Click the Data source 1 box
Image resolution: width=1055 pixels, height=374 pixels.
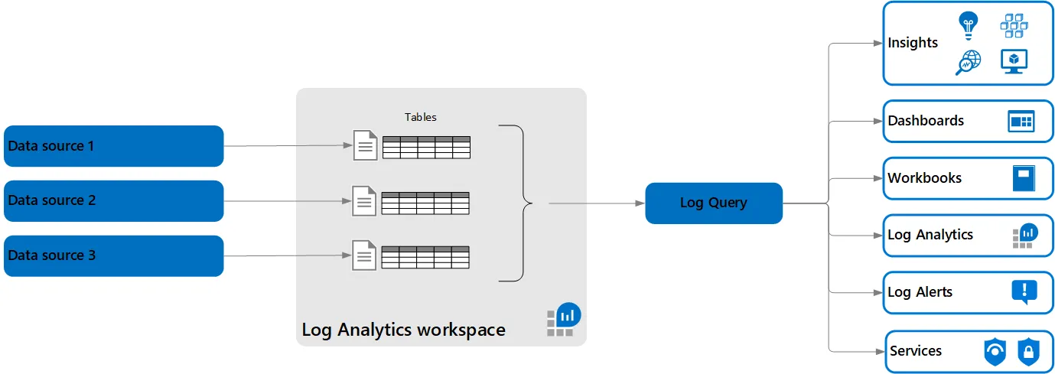(113, 146)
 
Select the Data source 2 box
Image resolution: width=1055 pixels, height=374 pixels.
(113, 200)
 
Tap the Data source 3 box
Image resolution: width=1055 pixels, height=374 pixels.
(113, 255)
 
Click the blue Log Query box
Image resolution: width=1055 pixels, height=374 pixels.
(713, 203)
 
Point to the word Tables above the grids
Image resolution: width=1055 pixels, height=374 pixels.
(420, 117)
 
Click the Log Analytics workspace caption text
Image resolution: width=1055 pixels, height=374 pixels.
(403, 330)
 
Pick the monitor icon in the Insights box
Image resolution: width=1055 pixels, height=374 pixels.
(1014, 61)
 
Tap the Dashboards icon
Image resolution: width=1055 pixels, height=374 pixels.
(1021, 121)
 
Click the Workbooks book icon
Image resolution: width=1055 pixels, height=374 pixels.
(1023, 178)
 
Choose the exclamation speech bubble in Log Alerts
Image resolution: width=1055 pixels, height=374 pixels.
(1024, 291)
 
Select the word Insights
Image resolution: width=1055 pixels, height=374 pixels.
(913, 43)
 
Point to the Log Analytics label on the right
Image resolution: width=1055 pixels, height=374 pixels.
(930, 235)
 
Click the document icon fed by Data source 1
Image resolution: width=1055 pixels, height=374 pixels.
(366, 145)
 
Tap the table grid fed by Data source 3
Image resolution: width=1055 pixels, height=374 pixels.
(425, 257)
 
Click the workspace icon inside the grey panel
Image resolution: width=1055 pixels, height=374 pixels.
(564, 320)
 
